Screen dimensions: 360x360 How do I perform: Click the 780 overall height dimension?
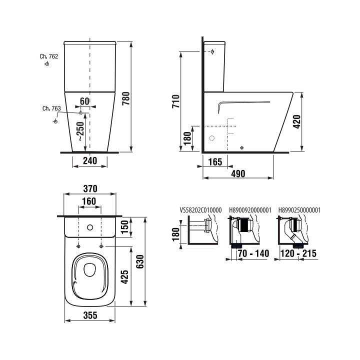pyautogui.click(x=126, y=98)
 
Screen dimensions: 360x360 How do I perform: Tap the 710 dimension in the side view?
pyautogui.click(x=176, y=101)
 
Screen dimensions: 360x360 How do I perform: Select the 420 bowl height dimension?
pyautogui.click(x=297, y=121)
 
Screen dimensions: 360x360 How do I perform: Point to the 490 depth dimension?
pyautogui.click(x=238, y=174)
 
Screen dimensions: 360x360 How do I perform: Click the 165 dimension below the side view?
pyautogui.click(x=215, y=162)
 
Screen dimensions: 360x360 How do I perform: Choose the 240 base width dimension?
pyautogui.click(x=90, y=160)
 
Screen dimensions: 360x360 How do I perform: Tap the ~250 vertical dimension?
pyautogui.click(x=80, y=131)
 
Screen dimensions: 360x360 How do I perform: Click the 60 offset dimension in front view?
pyautogui.click(x=84, y=101)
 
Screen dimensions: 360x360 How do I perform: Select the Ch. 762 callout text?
pyautogui.click(x=49, y=56)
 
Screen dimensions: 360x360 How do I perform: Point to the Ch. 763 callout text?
pyautogui.click(x=51, y=108)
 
